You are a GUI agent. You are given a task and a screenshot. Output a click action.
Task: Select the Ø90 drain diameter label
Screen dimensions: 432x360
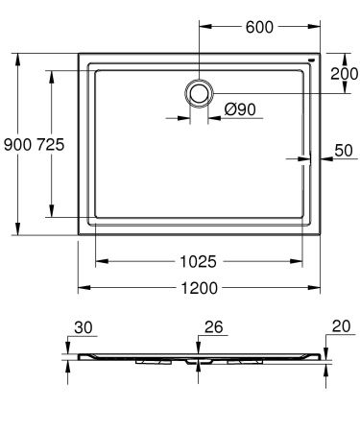(240, 109)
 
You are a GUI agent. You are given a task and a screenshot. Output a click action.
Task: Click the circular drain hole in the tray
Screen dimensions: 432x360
(199, 92)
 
